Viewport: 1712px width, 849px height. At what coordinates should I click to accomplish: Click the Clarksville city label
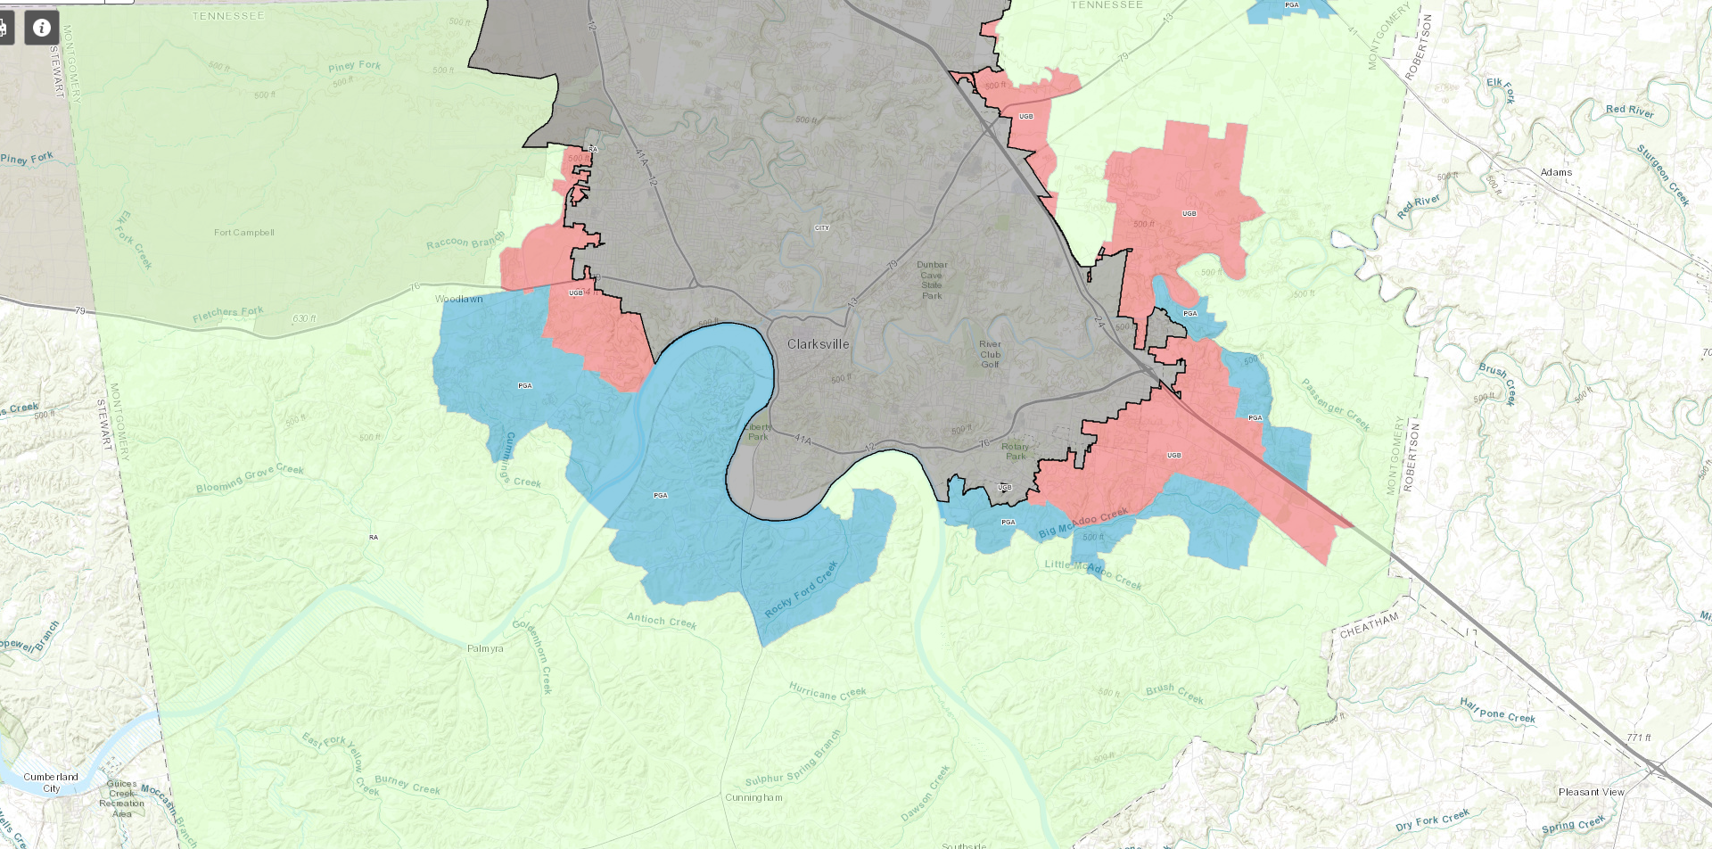click(x=818, y=344)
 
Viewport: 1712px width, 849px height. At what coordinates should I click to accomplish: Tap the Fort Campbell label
click(x=243, y=233)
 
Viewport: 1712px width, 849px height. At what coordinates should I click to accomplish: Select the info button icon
click(x=41, y=28)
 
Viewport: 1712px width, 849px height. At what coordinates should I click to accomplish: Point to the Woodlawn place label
click(x=458, y=299)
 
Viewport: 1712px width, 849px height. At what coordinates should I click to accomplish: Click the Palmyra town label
click(x=485, y=648)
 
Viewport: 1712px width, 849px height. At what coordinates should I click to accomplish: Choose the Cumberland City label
click(x=51, y=782)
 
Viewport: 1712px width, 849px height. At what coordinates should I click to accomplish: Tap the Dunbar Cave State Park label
click(x=932, y=280)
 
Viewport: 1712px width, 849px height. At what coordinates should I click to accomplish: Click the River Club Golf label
click(x=990, y=354)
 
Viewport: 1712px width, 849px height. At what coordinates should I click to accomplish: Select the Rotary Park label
click(x=1015, y=451)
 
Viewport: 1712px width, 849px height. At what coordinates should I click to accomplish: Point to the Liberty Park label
click(x=758, y=432)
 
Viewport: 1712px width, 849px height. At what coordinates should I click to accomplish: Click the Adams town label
click(x=1556, y=172)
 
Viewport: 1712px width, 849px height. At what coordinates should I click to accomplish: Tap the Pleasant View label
click(x=1591, y=792)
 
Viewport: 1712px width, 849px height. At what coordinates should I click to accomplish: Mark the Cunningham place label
click(x=753, y=797)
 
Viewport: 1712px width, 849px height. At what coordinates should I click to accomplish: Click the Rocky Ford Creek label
click(x=801, y=589)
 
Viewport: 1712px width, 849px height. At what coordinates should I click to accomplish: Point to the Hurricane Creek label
click(x=827, y=691)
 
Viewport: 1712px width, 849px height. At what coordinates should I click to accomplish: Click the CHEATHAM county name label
click(x=1369, y=625)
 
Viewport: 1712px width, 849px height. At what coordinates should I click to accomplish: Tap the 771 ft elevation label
click(x=1639, y=738)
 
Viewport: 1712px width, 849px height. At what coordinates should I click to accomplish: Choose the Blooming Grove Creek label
click(x=250, y=479)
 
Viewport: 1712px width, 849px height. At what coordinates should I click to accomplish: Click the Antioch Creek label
click(x=661, y=620)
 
